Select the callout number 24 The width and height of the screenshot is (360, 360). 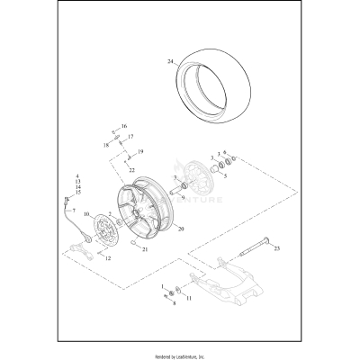[x=168, y=62]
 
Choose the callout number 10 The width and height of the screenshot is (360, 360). [x=87, y=215]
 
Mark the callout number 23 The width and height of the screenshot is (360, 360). [x=278, y=248]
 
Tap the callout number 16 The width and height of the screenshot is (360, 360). [x=124, y=126]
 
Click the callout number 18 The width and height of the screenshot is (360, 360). [x=105, y=144]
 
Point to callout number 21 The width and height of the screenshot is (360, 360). [x=144, y=250]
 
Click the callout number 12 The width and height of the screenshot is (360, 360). [x=108, y=258]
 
